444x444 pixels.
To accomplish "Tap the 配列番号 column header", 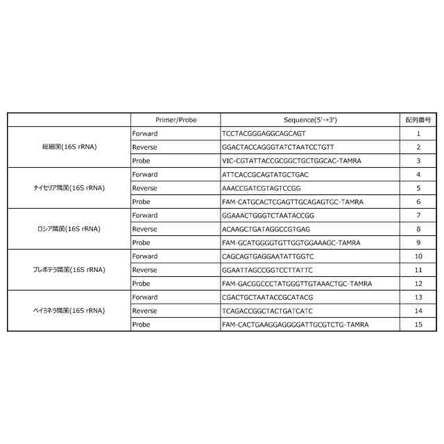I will pos(418,120).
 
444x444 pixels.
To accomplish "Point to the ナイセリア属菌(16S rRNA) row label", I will pos(69,188).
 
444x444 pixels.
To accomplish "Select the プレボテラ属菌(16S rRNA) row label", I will pos(69,270).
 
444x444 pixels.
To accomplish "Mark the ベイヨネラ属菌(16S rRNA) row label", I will pos(69,311).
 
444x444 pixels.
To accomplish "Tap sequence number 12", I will pos(418,284).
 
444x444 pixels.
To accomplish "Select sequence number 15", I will pos(418,325).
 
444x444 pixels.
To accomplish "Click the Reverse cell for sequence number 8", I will pos(144,229).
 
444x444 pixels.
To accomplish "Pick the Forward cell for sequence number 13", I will pos(145,297).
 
